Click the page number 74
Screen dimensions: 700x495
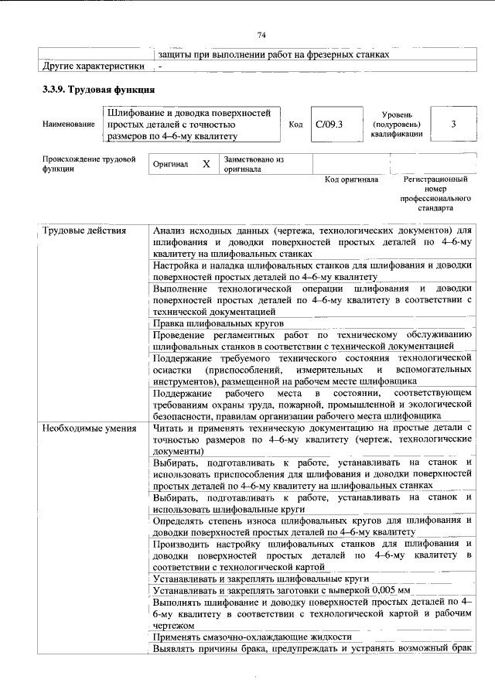click(x=261, y=35)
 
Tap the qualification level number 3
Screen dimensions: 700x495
click(x=452, y=124)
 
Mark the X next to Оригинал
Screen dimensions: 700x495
click(x=206, y=164)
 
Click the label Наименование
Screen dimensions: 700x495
click(x=69, y=125)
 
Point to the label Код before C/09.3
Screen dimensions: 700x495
click(x=295, y=125)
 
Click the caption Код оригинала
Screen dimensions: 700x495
click(x=351, y=179)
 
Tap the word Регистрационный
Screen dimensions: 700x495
click(x=435, y=179)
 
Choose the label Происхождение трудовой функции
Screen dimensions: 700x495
click(x=84, y=163)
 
